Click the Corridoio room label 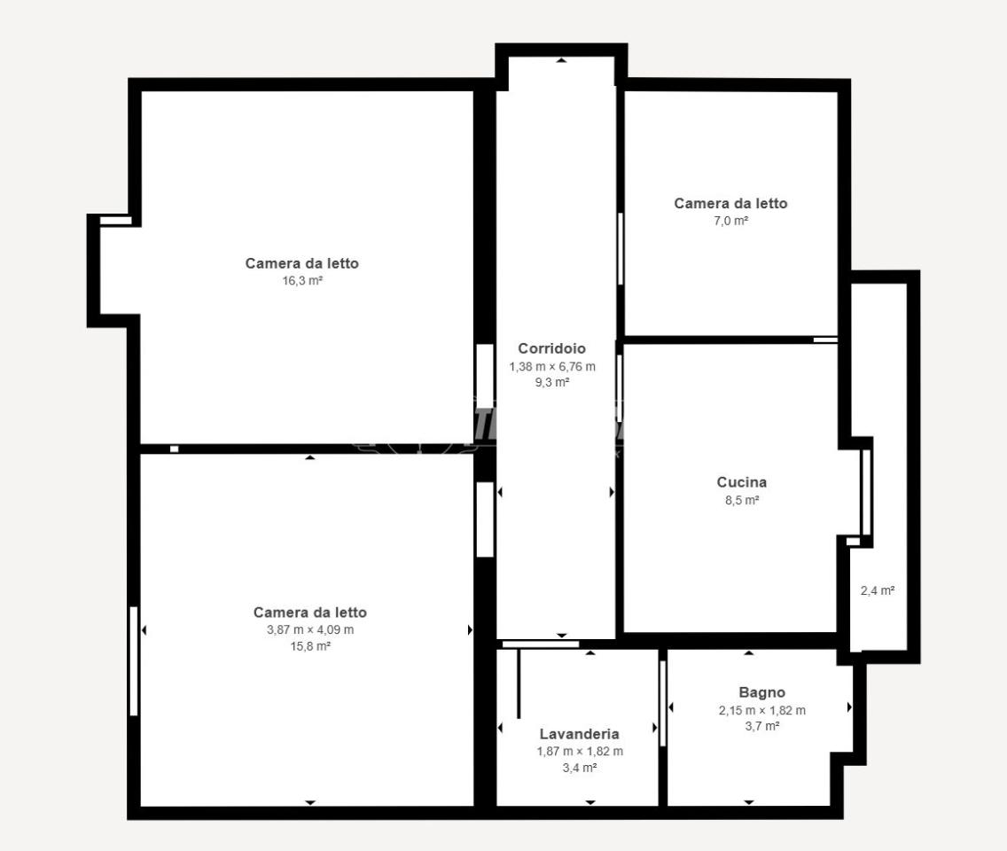(551, 348)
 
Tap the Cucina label (742, 481)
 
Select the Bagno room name (761, 692)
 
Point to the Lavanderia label (579, 733)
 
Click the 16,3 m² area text (302, 281)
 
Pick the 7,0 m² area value (730, 221)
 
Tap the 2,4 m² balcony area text (878, 590)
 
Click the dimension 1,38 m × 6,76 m (552, 367)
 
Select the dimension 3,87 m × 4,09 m (310, 630)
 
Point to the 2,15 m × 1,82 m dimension (762, 710)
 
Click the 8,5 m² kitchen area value (743, 500)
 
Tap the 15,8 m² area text (310, 646)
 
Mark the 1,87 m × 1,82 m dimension (580, 752)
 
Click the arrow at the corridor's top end (562, 60)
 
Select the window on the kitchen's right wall (866, 493)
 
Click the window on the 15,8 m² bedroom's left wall (134, 661)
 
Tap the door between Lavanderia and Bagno (663, 703)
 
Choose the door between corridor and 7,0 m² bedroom (621, 248)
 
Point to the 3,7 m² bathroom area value (762, 726)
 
